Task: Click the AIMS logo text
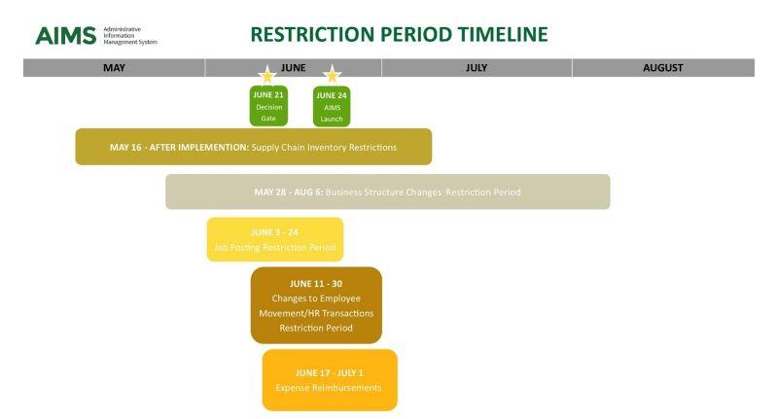(65, 36)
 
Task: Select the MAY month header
(114, 68)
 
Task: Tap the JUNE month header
(293, 68)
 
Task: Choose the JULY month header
(477, 68)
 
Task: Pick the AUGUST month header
(662, 68)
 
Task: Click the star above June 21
(266, 75)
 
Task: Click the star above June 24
(332, 74)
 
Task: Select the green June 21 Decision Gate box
(267, 106)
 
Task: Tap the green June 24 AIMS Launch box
(332, 106)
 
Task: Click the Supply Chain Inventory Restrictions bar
(253, 147)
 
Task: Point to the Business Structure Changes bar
(387, 192)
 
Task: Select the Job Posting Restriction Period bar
(274, 239)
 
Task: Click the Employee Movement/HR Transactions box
(316, 305)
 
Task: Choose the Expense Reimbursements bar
(329, 379)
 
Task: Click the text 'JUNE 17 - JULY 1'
(329, 371)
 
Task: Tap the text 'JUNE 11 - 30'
(316, 283)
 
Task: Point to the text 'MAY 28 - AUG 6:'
(288, 192)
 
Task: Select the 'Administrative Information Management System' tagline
(129, 36)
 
